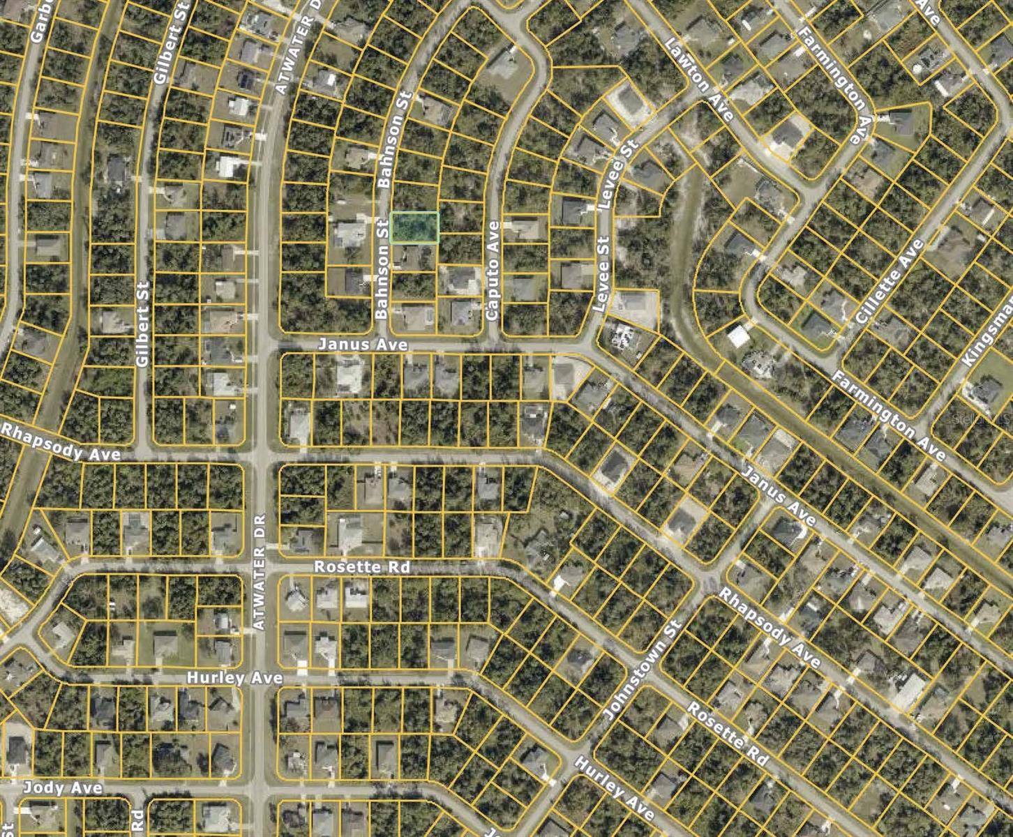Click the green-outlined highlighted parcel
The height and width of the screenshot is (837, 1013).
coord(414,227)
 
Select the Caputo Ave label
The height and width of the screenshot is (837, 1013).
coord(493,271)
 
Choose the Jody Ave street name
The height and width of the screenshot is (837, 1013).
coord(63,788)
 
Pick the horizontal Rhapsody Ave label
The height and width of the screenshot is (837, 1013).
coord(61,443)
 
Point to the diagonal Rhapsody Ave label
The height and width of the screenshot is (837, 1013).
coord(769,627)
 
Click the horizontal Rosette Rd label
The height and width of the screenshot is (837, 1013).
coord(361,566)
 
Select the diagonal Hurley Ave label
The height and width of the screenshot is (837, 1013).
coord(614,788)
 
